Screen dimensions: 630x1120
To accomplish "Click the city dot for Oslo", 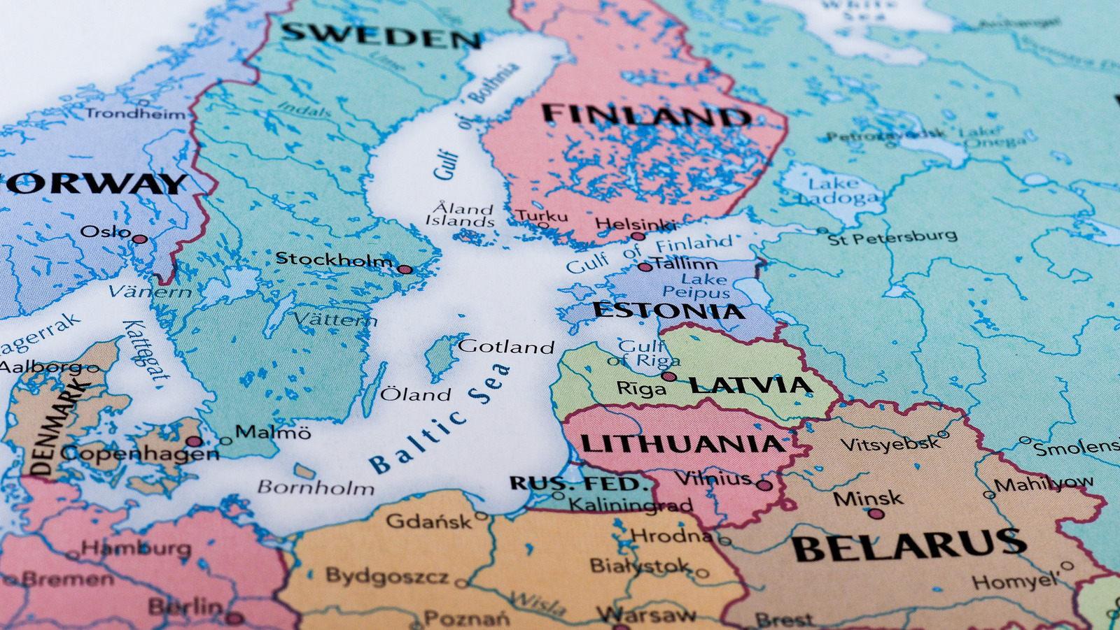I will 140,239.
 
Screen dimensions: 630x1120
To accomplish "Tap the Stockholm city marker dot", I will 405,269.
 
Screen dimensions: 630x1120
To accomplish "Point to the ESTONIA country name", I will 668,310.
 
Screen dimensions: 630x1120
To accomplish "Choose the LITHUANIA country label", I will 682,444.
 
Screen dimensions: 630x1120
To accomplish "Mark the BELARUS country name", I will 910,545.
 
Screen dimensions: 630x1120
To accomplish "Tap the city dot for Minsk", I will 876,514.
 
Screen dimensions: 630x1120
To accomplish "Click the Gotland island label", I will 506,346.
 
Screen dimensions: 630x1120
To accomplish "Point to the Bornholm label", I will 316,487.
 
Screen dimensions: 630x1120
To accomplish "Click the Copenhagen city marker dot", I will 194,441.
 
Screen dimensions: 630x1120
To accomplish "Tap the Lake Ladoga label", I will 838,190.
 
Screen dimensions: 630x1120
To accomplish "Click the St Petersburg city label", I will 892,237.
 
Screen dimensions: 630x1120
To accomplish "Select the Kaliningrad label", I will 630,504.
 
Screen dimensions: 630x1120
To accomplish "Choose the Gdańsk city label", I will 429,521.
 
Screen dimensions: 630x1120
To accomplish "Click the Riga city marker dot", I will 668,376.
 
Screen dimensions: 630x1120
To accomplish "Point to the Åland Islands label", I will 461,215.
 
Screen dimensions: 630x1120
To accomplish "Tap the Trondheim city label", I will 136,113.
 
